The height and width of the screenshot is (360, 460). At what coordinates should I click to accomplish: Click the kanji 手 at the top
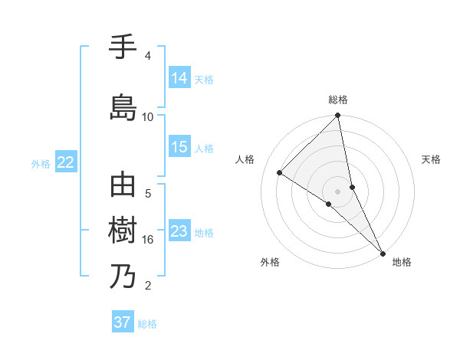123,47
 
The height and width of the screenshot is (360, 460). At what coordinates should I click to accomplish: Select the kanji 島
123,106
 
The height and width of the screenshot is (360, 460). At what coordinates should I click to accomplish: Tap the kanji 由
123,185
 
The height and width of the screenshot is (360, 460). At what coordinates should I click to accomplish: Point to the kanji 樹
123,230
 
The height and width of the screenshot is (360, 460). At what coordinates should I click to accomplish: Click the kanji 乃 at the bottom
123,277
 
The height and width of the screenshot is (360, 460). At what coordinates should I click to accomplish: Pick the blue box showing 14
179,77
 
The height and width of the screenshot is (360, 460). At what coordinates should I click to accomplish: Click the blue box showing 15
179,147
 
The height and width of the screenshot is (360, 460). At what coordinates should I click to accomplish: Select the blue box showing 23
179,231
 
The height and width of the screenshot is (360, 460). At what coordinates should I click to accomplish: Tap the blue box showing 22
66,162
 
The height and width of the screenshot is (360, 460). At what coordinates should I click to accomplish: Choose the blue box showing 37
123,322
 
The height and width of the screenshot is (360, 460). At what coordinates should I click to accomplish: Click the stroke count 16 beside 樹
148,240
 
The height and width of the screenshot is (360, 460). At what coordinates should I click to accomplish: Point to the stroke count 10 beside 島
148,116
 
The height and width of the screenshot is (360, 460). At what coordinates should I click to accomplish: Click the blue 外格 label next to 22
41,163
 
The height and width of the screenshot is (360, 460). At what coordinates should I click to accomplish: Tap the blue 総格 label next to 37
147,324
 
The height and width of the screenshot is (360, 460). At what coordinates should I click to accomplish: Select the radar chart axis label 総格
338,100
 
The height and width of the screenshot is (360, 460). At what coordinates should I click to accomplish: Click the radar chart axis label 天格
432,159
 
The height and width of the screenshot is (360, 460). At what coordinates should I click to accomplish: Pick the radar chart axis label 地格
402,263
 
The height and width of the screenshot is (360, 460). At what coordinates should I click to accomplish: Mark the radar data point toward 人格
280,173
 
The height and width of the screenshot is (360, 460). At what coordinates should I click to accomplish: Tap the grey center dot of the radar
337,191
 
